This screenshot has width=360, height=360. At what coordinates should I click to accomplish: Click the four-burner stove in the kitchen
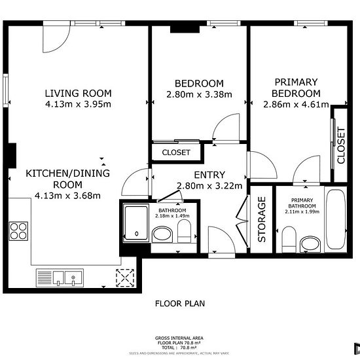[x=18, y=232]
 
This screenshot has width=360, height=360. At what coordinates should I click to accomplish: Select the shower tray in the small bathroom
[x=135, y=223]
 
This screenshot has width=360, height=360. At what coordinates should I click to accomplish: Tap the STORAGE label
[x=262, y=219]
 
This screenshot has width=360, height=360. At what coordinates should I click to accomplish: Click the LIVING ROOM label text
[x=78, y=92]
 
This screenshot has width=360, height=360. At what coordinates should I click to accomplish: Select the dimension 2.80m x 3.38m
[x=199, y=94]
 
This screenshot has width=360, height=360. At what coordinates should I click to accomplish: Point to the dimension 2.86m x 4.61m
[x=296, y=104]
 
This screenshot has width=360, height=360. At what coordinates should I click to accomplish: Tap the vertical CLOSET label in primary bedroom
[x=340, y=145]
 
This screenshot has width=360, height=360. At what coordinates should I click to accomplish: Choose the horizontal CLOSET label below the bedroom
[x=175, y=153]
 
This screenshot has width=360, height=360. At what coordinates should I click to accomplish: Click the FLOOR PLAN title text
[x=180, y=303]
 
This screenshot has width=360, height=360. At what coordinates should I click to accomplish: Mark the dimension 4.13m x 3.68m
[x=67, y=195]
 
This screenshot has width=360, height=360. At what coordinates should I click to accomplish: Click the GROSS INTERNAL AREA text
[x=179, y=338]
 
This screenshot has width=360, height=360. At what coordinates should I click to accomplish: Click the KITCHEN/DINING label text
[x=67, y=173]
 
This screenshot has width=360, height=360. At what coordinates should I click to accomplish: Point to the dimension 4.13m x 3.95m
[x=78, y=103]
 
